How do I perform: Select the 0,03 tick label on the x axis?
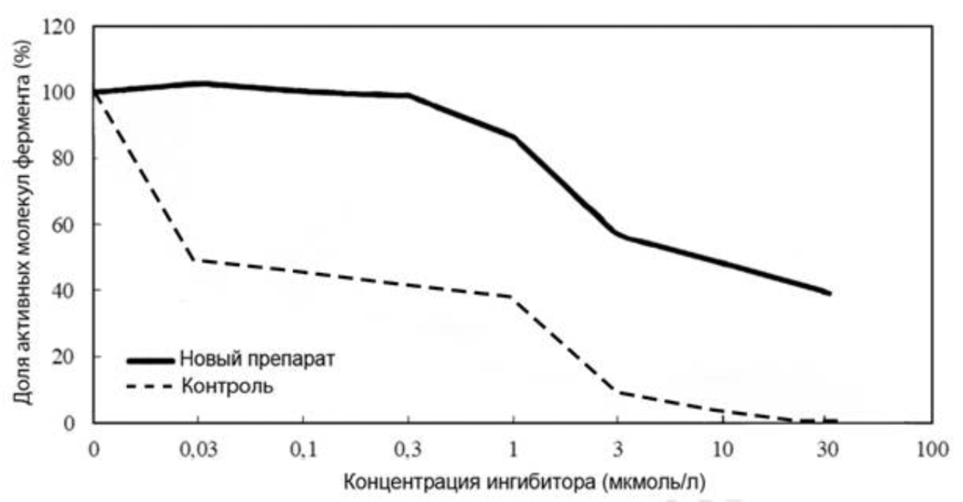[x=197, y=449]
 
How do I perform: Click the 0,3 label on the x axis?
[x=408, y=449]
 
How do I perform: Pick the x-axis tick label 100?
[x=933, y=449]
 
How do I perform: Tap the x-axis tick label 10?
[x=723, y=449]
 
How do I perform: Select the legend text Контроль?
[x=228, y=387]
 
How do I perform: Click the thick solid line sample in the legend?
[x=150, y=359]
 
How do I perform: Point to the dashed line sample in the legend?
[x=150, y=388]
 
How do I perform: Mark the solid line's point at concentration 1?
[x=513, y=137]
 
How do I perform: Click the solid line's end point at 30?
[x=828, y=293]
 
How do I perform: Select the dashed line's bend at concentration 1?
[x=513, y=297]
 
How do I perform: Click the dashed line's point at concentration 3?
[x=618, y=392]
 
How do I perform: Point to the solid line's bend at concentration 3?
[x=618, y=234]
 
